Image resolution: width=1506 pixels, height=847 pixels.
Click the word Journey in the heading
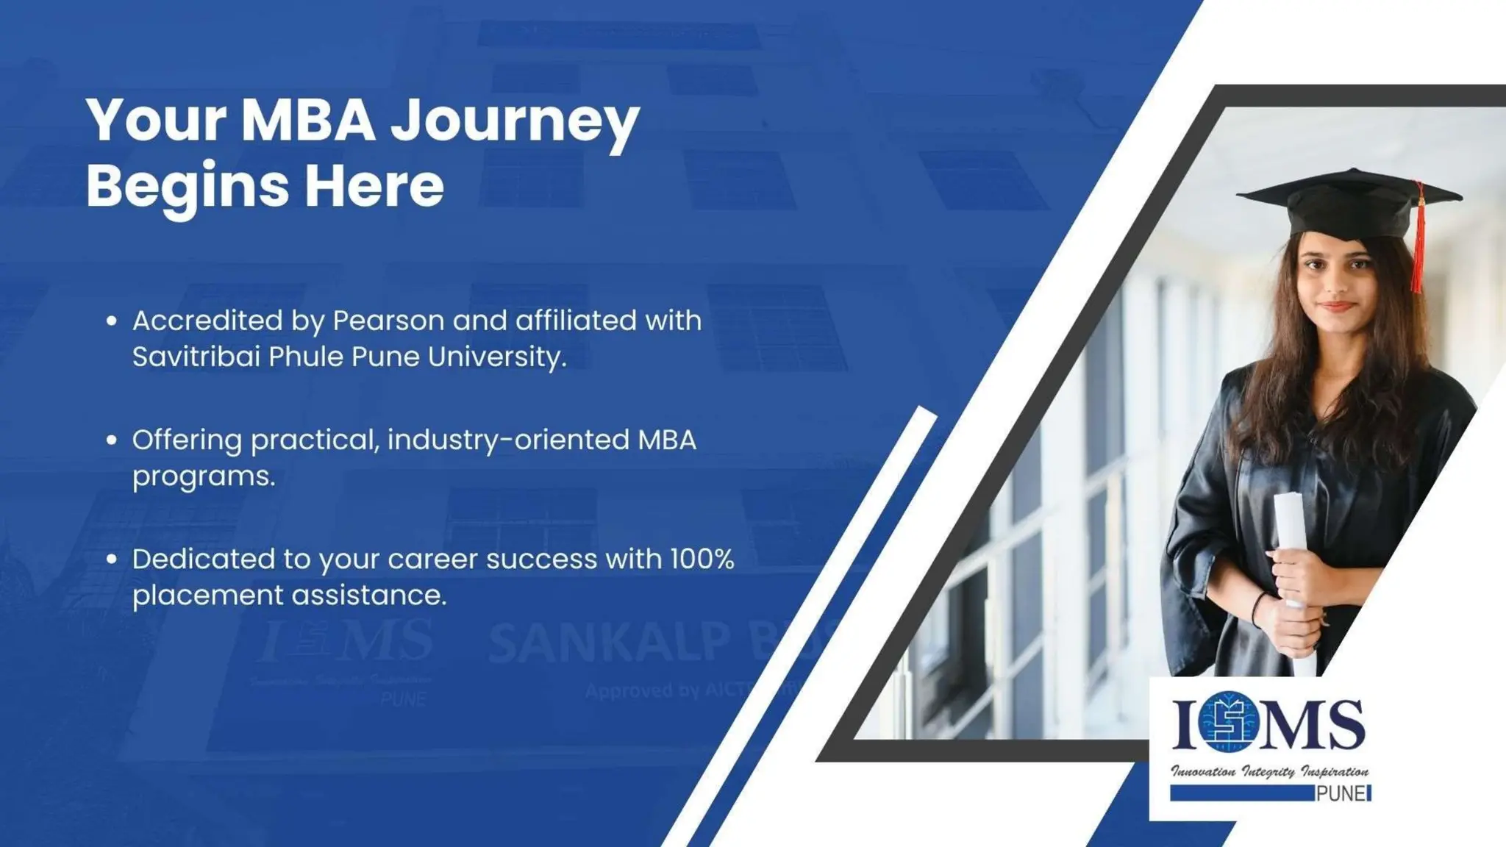(x=515, y=121)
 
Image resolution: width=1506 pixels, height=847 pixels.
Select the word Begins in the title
(x=188, y=185)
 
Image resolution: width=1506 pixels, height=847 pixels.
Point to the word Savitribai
(x=195, y=357)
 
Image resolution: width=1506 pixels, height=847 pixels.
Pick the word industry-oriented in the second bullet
(x=508, y=440)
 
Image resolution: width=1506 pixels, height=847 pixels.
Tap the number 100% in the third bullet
(x=702, y=560)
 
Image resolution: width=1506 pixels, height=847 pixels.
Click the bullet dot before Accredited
(x=112, y=321)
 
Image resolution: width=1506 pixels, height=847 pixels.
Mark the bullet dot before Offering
(x=112, y=440)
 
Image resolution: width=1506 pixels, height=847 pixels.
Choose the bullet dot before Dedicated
(x=112, y=560)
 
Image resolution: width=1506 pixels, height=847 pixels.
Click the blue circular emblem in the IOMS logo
(x=1230, y=722)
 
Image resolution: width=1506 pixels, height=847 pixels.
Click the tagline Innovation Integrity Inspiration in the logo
(x=1269, y=772)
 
